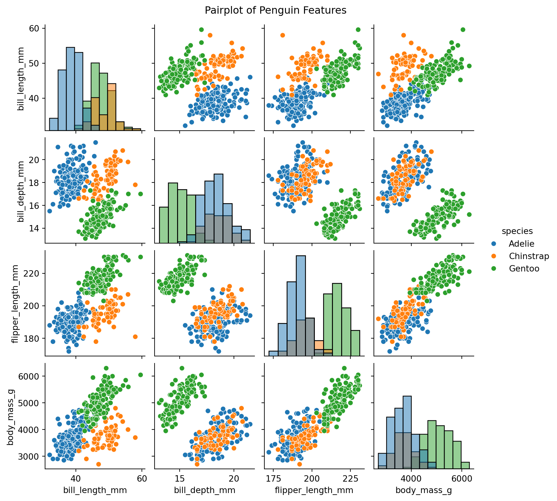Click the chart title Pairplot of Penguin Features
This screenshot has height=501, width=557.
point(275,10)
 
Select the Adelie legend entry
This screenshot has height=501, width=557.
point(521,244)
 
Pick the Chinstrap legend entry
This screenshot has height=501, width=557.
point(529,256)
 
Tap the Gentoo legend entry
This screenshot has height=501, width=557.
point(524,269)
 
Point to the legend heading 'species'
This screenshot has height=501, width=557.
point(517,231)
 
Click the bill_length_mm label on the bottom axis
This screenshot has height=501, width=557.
point(95,490)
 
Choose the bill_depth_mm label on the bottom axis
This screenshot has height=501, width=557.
point(204,490)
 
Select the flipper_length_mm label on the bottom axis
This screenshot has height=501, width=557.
point(314,490)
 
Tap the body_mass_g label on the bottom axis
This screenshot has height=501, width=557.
point(423,490)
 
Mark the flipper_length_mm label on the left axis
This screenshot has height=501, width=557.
point(15,303)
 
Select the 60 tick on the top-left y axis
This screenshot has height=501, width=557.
point(34,29)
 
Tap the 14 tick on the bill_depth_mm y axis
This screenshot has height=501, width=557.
point(34,229)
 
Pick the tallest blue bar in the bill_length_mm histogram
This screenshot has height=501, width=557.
point(70,89)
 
